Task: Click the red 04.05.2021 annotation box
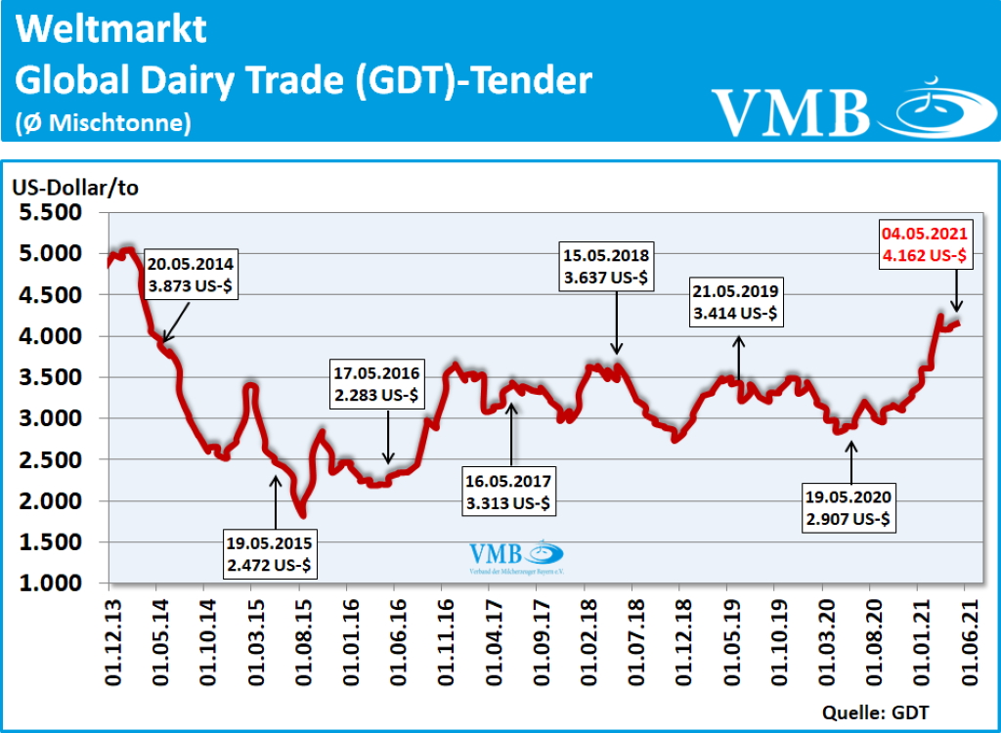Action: click(924, 244)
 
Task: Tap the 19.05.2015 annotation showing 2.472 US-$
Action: click(268, 552)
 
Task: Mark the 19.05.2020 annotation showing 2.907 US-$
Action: click(847, 508)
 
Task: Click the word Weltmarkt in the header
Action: click(112, 31)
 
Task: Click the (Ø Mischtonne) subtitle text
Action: click(103, 123)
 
